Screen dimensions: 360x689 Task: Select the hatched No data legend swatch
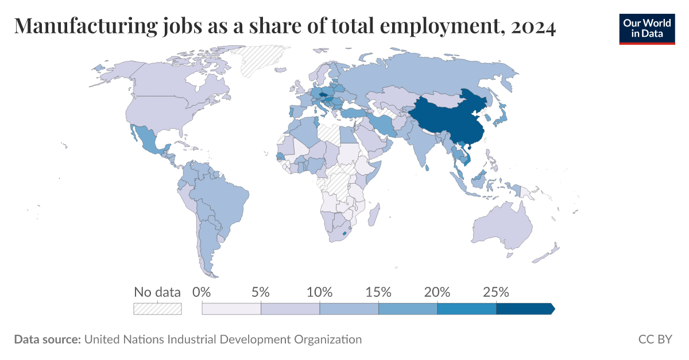157,309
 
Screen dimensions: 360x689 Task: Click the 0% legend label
202,292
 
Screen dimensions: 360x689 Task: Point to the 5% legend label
261,292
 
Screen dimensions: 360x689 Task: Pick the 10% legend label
320,292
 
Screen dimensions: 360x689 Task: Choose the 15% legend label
378,292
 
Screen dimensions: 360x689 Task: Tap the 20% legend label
437,292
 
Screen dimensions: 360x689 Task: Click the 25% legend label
496,292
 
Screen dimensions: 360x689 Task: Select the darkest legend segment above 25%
524,309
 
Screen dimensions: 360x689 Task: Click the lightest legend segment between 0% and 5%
231,309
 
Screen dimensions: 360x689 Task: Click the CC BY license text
655,339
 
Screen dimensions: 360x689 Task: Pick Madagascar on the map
373,218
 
